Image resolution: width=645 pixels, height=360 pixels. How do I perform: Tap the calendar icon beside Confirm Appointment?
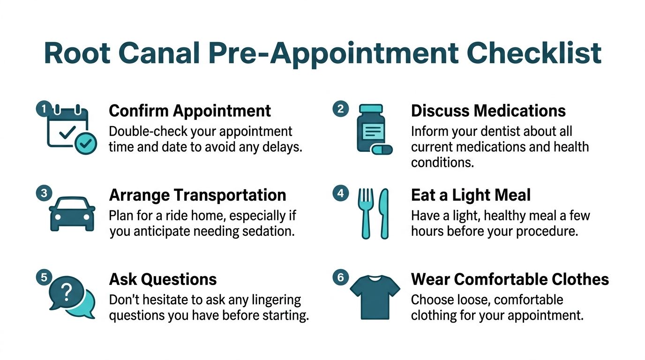(x=67, y=127)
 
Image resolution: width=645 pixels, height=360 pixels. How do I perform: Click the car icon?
(x=72, y=213)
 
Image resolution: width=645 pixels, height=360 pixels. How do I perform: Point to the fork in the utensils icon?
(x=366, y=213)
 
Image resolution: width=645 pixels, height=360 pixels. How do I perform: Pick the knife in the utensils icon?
(x=384, y=213)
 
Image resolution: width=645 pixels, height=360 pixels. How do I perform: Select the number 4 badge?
(x=340, y=193)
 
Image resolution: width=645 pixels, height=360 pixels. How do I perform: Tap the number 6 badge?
(x=340, y=278)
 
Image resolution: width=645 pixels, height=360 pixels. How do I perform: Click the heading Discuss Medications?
(x=488, y=111)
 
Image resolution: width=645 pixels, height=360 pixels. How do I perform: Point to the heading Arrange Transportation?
(x=197, y=195)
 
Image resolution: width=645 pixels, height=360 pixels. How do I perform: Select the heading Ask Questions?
(x=163, y=279)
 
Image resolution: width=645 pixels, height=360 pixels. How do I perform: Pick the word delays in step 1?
(x=283, y=147)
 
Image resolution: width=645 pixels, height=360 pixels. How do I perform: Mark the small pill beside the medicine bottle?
(x=382, y=150)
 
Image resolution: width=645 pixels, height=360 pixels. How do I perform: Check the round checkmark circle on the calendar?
(x=86, y=144)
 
